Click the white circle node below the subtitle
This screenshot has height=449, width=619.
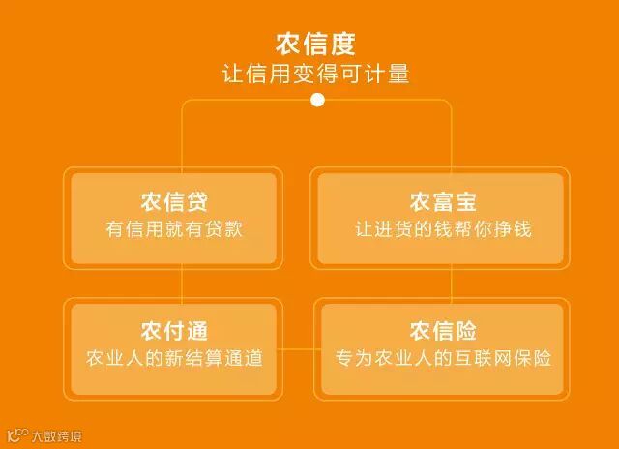click(317, 100)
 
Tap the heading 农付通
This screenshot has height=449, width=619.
click(174, 331)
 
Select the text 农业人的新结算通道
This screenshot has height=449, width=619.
click(174, 358)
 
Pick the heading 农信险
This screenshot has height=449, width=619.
click(442, 331)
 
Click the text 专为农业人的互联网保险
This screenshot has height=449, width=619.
click(442, 358)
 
